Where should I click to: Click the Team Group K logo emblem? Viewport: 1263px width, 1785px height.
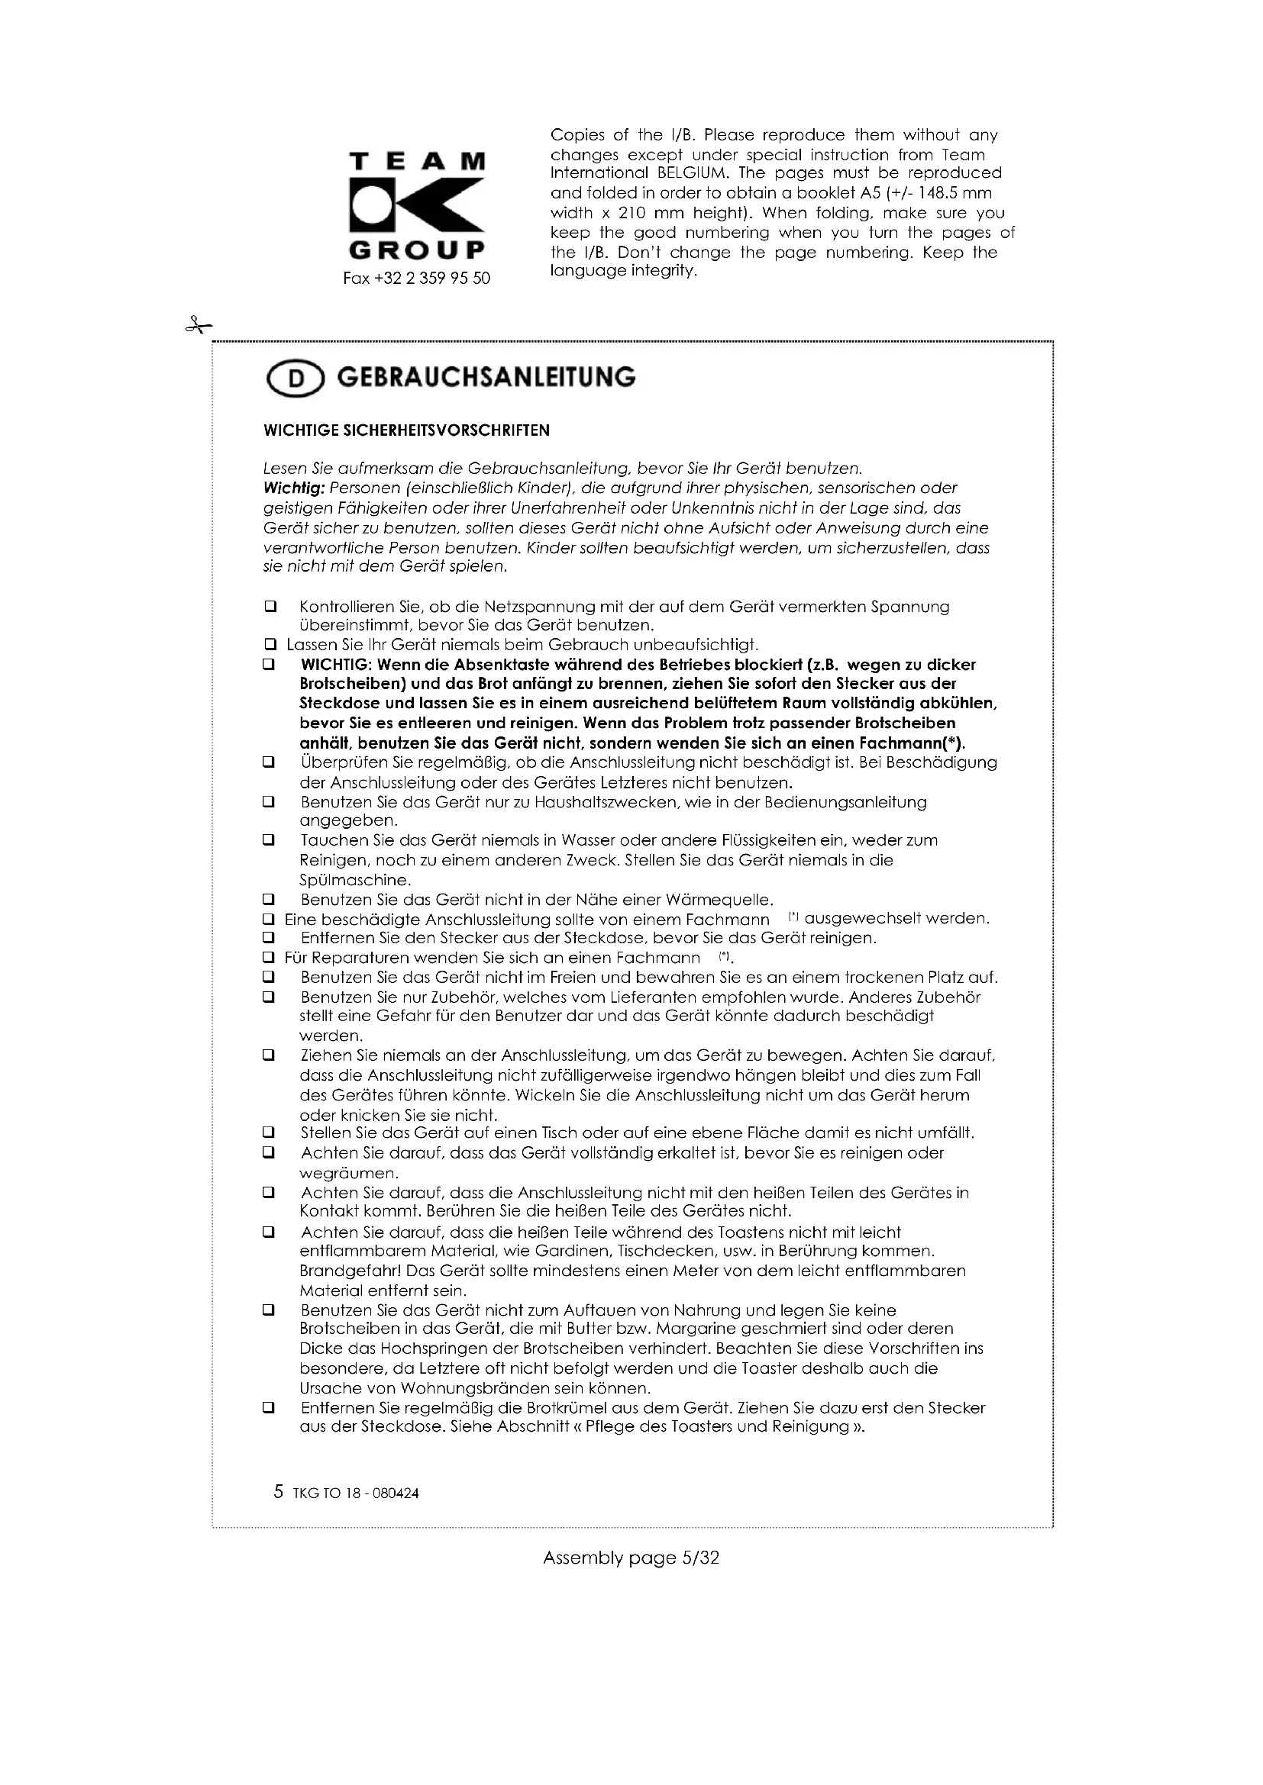click(417, 205)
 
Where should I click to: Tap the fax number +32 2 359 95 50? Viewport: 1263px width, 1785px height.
click(417, 279)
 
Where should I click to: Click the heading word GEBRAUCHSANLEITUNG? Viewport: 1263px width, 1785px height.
click(486, 377)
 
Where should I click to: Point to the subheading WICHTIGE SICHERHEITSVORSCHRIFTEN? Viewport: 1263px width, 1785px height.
click(407, 430)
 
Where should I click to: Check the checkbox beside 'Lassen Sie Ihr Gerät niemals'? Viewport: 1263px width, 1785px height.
click(270, 645)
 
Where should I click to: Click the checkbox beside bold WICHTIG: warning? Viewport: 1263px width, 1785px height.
click(269, 665)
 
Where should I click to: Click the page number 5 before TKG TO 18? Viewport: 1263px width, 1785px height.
click(279, 1491)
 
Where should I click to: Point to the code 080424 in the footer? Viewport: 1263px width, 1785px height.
click(396, 1493)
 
